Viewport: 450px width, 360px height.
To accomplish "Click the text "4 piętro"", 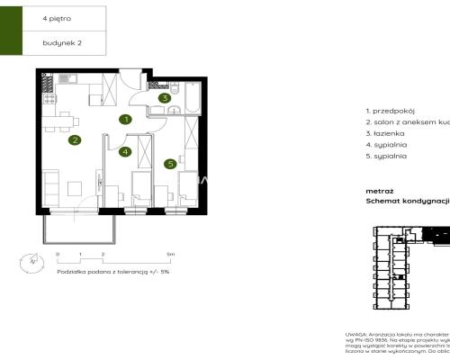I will pos(55,17).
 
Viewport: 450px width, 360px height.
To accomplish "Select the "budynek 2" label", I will pos(59,41).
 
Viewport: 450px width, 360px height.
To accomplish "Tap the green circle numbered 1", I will pos(127,118).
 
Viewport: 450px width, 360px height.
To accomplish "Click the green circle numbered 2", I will pos(76,139).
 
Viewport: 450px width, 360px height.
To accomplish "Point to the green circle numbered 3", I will pos(164,98).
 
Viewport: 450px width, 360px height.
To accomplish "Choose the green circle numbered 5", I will pos(169,164).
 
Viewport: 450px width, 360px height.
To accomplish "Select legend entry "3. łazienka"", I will pos(388,132).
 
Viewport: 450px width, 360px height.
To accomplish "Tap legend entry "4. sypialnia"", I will pos(388,144).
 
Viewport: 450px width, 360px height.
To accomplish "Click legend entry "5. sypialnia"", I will pos(388,156).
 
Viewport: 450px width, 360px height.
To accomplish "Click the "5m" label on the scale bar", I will pos(170,256).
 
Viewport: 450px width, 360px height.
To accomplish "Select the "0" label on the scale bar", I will pos(56,256).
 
